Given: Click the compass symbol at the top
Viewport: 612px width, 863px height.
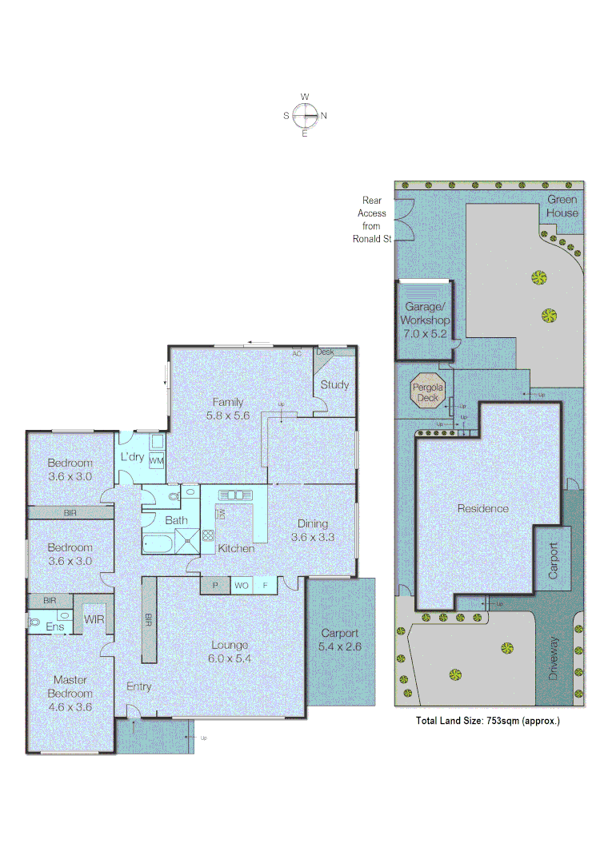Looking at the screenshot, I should tap(305, 116).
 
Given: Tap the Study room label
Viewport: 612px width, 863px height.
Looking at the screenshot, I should tap(334, 384).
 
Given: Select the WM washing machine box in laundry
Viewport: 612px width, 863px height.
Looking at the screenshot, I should tap(157, 461).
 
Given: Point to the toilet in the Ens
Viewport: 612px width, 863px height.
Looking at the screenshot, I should tap(34, 621).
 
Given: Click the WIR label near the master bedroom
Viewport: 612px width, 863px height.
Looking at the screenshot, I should tap(94, 619).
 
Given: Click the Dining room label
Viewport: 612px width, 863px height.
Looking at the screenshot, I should tap(313, 524).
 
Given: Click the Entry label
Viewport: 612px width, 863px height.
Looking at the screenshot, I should tap(139, 686).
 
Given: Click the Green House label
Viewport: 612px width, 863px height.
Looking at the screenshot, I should tap(562, 206).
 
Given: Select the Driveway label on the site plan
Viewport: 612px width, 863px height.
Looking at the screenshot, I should tap(554, 658).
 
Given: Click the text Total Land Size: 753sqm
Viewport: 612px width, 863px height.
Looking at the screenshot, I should tap(487, 720).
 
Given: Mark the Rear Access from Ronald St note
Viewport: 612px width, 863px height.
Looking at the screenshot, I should tap(373, 220).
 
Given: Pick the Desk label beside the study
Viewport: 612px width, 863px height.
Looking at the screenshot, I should tap(325, 352).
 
